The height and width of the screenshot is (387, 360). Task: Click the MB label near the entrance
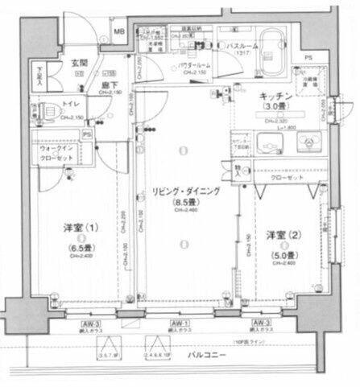click(x=119, y=32)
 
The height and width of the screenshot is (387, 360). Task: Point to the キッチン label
click(x=274, y=97)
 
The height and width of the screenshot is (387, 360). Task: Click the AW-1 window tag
click(x=174, y=323)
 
